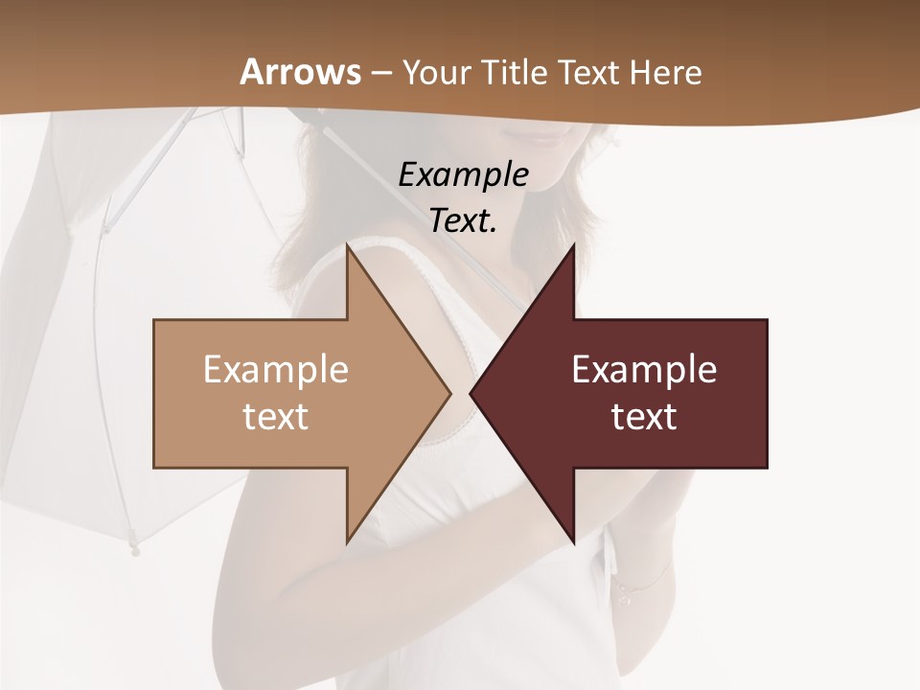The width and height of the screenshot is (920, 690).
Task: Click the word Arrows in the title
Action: [x=300, y=72]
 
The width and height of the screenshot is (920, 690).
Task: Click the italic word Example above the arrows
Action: [x=463, y=175]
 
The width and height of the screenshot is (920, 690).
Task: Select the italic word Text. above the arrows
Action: [x=463, y=220]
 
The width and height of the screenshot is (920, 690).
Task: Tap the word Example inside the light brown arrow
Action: [x=276, y=370]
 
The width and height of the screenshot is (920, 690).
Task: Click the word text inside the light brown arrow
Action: [x=276, y=417]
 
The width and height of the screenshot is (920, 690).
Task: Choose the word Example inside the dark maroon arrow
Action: [x=644, y=370]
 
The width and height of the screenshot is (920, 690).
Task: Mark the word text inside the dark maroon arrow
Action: [x=644, y=417]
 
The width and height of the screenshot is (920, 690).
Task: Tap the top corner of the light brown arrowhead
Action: [x=348, y=247]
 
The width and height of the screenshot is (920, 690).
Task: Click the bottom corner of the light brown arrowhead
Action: [x=348, y=540]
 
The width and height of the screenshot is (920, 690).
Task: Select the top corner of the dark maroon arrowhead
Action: [x=573, y=247]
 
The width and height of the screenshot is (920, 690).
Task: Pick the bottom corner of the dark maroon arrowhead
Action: [x=573, y=540]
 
